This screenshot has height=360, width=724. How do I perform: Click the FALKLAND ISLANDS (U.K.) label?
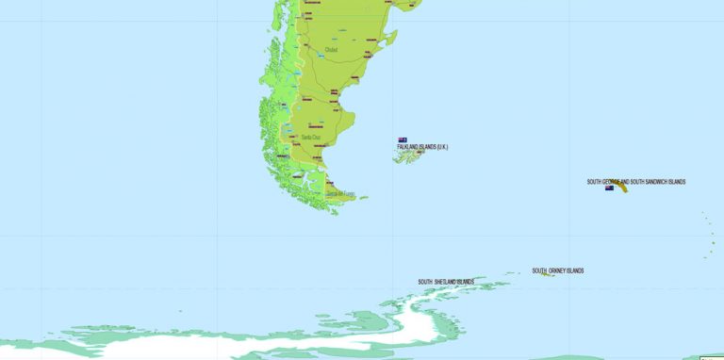(422, 146)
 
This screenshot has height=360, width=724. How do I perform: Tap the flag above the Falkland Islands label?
(403, 139)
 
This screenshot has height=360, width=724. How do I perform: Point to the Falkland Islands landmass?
(412, 155)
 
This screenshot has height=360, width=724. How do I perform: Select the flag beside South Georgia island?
(610, 188)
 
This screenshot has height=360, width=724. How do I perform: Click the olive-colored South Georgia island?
(624, 188)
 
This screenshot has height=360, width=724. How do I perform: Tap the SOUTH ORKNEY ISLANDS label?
(557, 270)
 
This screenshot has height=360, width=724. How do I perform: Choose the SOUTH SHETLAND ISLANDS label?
(446, 281)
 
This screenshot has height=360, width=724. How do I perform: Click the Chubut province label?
(331, 50)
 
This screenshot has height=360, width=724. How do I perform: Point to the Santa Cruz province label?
(310, 138)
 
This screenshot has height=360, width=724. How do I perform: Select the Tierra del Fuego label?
(340, 194)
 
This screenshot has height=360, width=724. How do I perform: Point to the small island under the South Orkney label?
(547, 275)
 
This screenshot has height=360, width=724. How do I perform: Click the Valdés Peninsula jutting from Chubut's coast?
(386, 40)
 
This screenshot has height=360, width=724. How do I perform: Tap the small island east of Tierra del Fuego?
(363, 198)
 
